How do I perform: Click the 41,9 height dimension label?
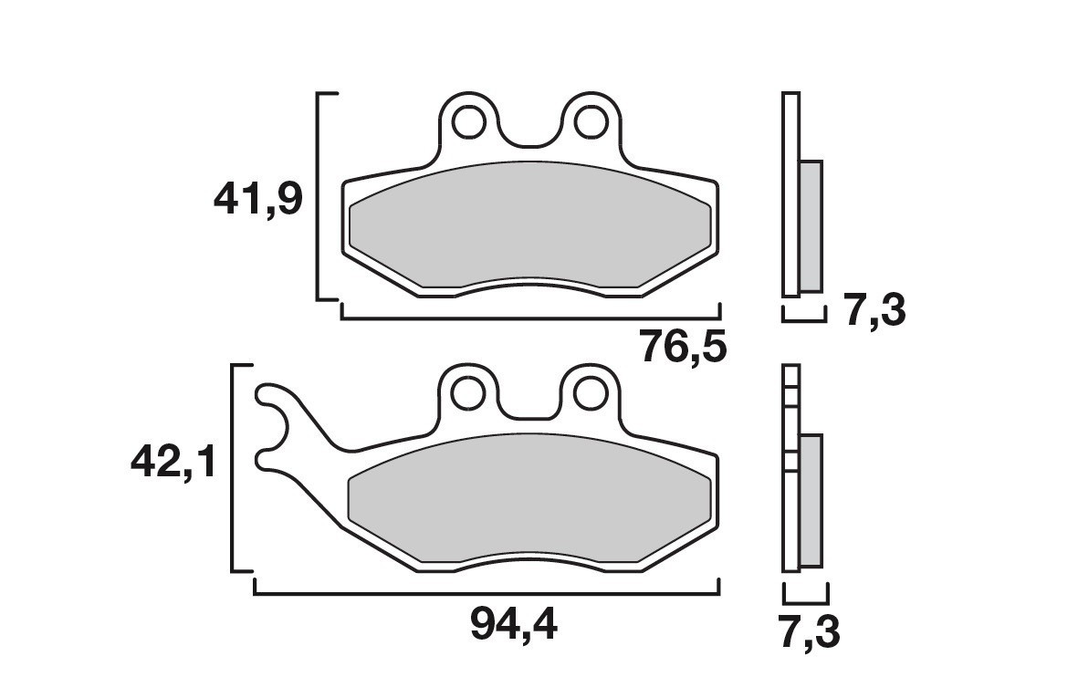click(257, 199)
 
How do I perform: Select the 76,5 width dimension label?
click(683, 347)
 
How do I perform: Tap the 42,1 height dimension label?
click(173, 464)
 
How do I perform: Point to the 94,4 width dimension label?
click(515, 624)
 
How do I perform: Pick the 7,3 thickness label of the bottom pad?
click(810, 632)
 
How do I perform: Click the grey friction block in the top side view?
click(811, 226)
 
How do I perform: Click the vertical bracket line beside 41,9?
click(318, 196)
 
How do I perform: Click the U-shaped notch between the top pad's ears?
click(530, 137)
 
